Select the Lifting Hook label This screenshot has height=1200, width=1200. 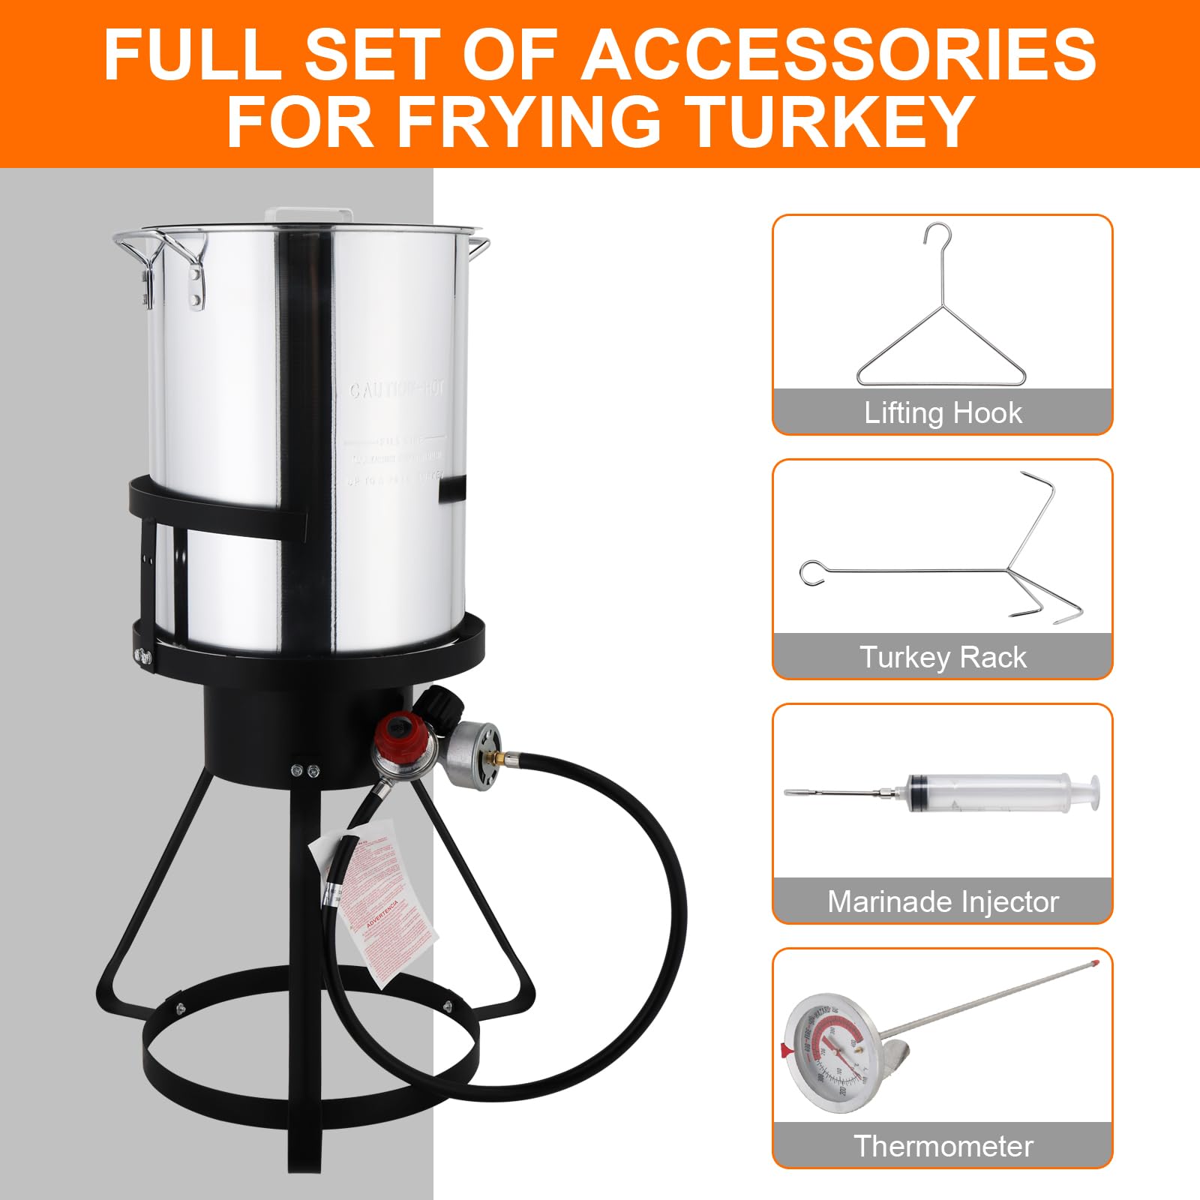(943, 413)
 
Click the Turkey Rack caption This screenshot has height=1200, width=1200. (943, 658)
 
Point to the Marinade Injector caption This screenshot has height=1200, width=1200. (943, 901)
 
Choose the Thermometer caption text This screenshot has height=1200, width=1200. (943, 1146)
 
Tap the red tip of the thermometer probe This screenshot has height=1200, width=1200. (1096, 958)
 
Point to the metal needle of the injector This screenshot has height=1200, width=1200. (832, 792)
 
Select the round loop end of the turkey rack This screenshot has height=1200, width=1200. (813, 573)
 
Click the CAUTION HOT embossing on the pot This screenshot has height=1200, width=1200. (397, 390)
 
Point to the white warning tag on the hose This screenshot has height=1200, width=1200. (375, 892)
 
